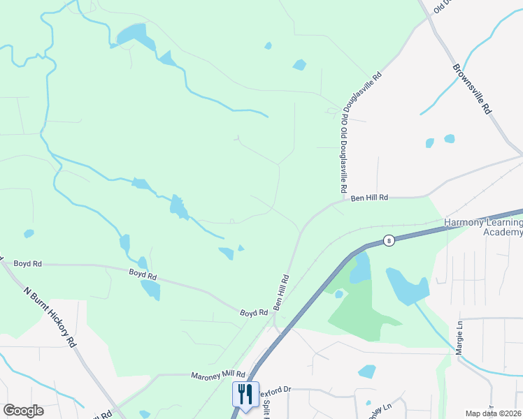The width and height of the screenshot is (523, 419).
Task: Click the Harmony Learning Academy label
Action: click(483, 227)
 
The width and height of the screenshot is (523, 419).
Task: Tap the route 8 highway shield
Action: click(389, 240)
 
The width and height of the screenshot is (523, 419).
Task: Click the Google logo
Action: click(23, 411)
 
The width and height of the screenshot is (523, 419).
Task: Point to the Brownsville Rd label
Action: click(473, 89)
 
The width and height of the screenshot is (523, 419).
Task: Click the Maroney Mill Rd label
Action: click(218, 375)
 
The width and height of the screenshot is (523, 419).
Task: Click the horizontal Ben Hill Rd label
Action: click(368, 198)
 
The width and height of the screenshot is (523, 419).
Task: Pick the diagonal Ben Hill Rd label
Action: click(282, 293)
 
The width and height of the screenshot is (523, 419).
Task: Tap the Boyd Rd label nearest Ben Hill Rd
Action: click(254, 313)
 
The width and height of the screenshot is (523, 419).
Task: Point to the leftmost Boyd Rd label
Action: click(27, 264)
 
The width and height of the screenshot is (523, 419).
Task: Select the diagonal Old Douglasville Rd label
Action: click(361, 91)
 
